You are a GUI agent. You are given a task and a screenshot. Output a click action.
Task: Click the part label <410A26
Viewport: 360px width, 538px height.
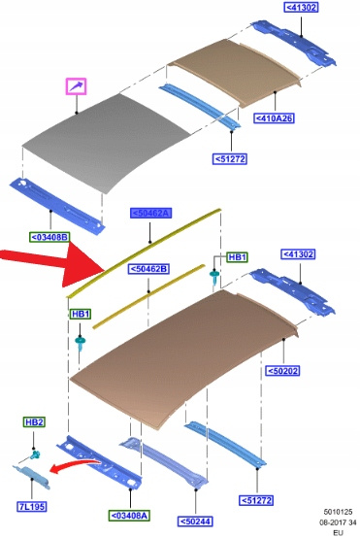coord(274,118)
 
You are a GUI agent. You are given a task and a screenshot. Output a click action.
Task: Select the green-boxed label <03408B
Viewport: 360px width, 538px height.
coord(49,237)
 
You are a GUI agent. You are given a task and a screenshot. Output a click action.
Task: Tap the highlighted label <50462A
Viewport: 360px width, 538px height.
coord(150,213)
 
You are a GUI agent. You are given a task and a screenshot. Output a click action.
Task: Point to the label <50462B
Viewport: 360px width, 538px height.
coord(148,269)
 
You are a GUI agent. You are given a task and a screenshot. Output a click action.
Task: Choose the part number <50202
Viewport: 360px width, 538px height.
coord(282,371)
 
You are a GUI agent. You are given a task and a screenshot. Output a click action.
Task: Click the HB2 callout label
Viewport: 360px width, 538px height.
coord(34,422)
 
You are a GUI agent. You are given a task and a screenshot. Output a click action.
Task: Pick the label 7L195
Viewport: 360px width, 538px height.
coord(32,506)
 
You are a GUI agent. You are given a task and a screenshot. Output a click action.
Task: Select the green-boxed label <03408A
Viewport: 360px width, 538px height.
coord(129,516)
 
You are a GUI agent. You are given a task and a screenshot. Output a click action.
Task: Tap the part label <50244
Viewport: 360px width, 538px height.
coord(195,521)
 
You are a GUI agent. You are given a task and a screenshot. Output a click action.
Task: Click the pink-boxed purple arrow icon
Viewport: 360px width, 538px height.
coord(76,86)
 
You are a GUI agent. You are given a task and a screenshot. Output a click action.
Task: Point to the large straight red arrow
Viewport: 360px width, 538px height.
coord(51,263)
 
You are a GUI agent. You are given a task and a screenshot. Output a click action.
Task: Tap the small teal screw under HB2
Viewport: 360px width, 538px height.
coord(35,454)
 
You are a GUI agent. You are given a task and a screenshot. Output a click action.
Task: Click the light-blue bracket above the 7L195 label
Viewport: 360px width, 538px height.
coord(32,476)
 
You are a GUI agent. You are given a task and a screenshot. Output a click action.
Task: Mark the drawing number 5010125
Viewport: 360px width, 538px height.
coord(338,512)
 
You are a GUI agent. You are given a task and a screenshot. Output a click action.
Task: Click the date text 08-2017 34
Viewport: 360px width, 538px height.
coord(338,522)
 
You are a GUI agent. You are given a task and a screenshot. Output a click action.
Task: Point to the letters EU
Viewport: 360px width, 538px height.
coord(338,533)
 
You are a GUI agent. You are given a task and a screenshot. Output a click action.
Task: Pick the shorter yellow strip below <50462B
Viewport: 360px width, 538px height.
coord(148,296)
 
